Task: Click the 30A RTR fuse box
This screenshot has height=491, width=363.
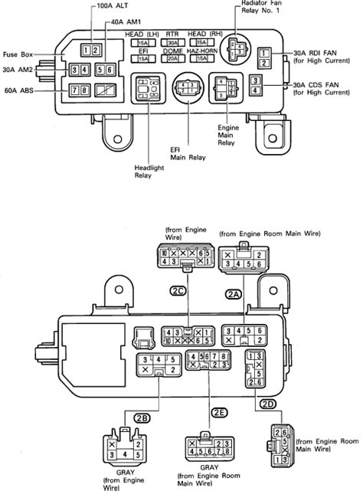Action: (x=173, y=43)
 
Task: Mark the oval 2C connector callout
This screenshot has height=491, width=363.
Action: (x=178, y=290)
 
